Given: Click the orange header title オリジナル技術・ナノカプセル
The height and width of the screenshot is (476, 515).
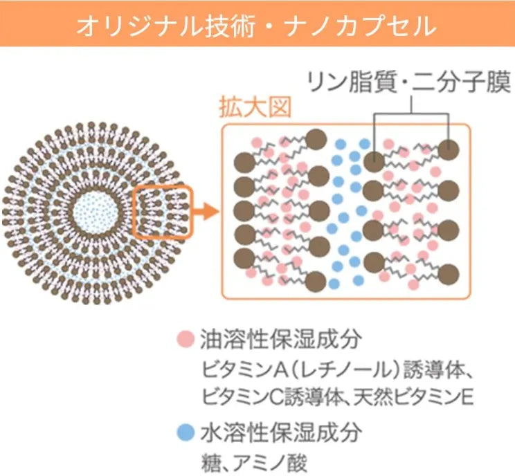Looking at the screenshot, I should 257,26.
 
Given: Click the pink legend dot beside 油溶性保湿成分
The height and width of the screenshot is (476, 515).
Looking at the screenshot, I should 184,340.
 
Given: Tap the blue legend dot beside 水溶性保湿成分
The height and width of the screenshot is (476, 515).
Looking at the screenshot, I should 184,434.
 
